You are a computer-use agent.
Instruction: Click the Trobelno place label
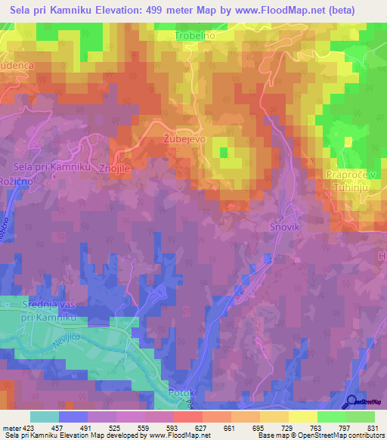tap(196, 36)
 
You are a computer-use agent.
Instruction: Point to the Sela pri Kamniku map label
tap(52, 166)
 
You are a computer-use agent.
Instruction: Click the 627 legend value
tap(203, 428)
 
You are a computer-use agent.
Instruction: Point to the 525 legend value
tap(116, 428)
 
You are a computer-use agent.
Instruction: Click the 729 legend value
tap(289, 428)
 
